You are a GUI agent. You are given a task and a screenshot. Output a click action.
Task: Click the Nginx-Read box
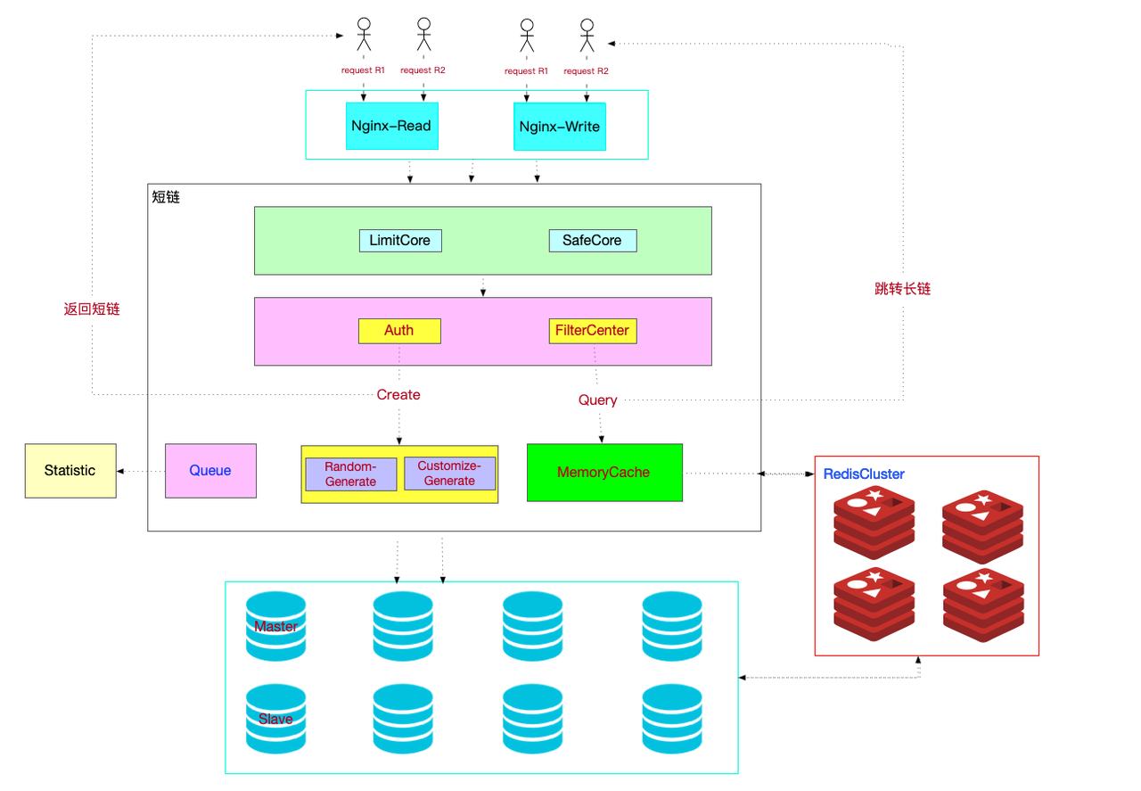click(390, 127)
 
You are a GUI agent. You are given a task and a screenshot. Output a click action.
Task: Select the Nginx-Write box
click(559, 127)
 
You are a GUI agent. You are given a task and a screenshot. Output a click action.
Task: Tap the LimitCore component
click(399, 241)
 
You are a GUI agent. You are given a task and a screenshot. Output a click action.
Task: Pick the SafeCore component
click(592, 241)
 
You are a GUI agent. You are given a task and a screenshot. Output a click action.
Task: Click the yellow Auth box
click(399, 331)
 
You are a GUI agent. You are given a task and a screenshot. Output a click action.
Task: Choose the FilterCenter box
click(592, 331)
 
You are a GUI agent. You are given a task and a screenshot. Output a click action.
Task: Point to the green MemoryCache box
click(604, 473)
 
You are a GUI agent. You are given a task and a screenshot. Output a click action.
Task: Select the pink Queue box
click(210, 471)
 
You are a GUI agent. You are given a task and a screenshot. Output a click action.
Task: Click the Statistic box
click(70, 471)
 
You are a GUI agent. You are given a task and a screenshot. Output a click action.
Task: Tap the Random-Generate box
click(350, 474)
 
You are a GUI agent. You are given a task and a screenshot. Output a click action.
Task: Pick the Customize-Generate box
click(449, 474)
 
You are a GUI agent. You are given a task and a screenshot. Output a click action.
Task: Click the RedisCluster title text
click(864, 474)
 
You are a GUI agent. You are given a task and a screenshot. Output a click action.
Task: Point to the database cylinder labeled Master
click(275, 626)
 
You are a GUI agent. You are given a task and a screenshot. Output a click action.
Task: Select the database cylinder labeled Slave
click(275, 719)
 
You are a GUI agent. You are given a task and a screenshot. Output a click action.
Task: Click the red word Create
click(398, 395)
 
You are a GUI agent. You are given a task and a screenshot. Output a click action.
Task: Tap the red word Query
click(597, 400)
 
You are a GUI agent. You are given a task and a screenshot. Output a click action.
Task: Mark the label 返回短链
click(92, 309)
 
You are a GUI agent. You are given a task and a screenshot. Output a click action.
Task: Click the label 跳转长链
click(903, 289)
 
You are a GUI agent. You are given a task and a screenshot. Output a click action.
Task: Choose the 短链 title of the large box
click(166, 197)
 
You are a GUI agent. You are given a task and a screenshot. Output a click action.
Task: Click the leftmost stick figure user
click(363, 36)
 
